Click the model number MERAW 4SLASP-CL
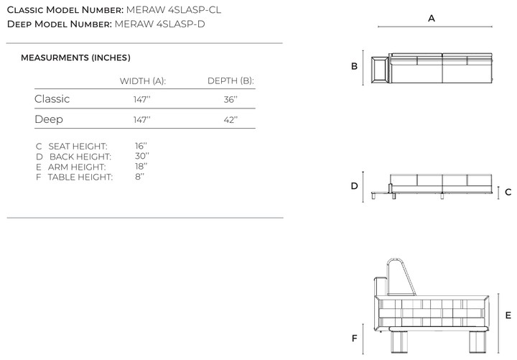[174, 10]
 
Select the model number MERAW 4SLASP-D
[159, 24]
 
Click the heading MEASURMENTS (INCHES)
[75, 57]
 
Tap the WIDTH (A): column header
[143, 81]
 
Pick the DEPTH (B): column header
[230, 81]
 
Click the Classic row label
[52, 99]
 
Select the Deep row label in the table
[49, 119]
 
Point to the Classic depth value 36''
[230, 99]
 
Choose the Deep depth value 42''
[230, 119]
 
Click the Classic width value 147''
[141, 99]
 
